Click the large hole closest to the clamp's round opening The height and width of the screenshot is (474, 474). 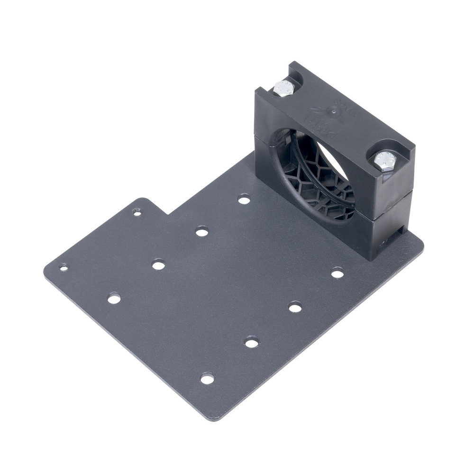244,200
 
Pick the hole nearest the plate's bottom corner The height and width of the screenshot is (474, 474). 207,378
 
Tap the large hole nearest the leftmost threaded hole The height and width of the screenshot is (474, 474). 114,298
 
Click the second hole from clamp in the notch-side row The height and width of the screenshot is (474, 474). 202,232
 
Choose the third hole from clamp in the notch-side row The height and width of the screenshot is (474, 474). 158,264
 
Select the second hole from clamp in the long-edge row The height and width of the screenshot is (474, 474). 295,308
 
